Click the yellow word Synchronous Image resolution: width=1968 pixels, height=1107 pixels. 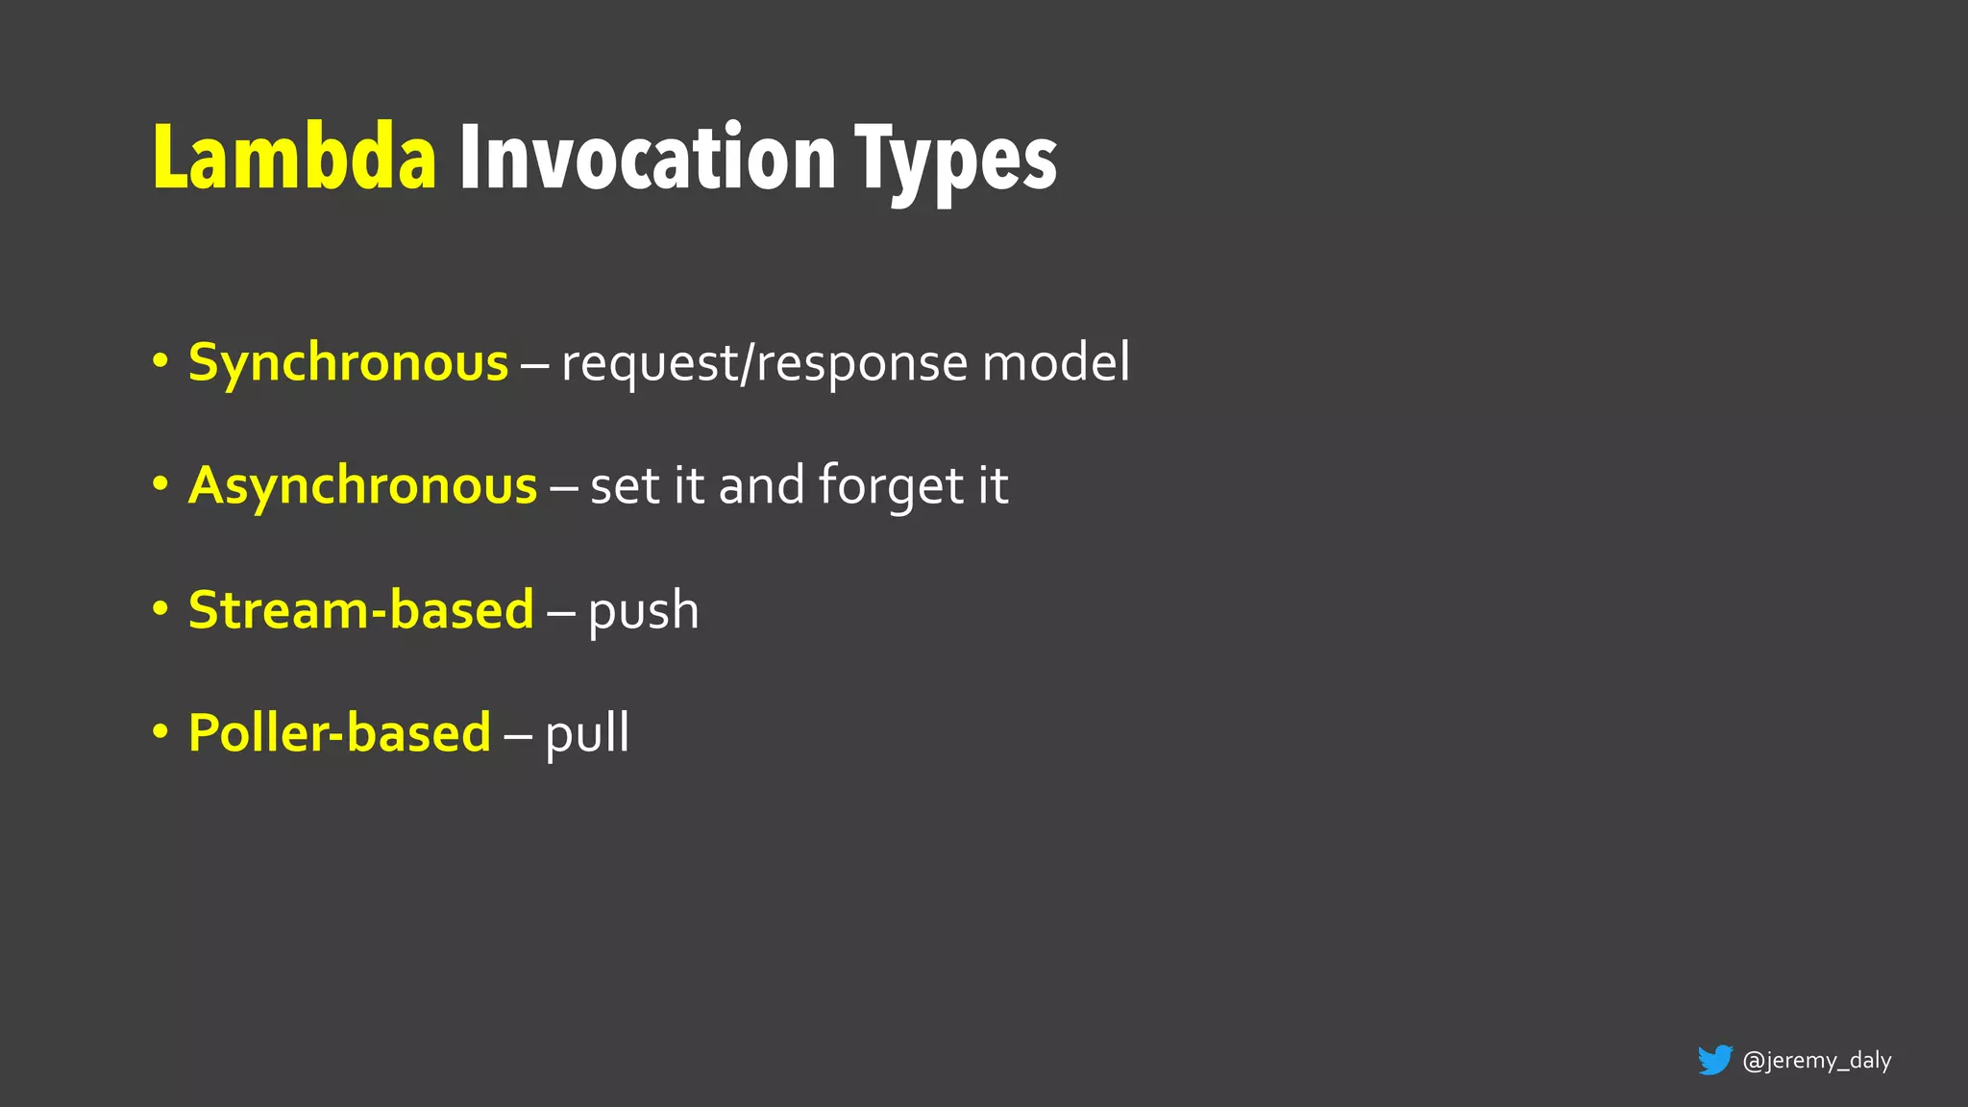coord(348,363)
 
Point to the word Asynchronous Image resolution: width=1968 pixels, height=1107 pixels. coord(362,485)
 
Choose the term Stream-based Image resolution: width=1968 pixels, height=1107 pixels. coord(360,609)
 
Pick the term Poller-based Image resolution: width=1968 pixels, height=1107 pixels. coord(339,732)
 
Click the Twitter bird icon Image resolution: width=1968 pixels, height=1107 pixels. coord(1714,1060)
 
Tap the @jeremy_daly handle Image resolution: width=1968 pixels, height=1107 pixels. coord(1816,1060)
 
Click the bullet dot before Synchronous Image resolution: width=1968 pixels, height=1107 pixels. coord(160,363)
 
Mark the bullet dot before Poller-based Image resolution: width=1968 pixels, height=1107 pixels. coord(160,732)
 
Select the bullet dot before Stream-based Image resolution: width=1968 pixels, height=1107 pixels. coord(160,609)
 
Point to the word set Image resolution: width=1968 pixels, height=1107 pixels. coord(625,486)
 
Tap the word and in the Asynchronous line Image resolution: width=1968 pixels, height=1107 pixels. coord(761,485)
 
